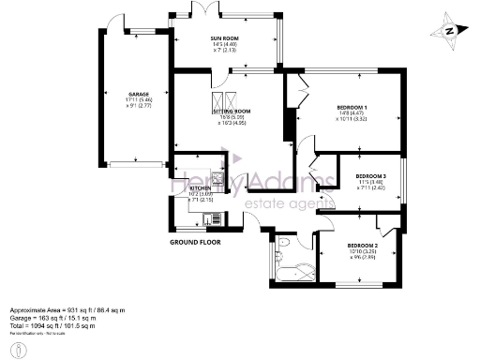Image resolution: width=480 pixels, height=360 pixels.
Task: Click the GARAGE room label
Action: [x=140, y=94]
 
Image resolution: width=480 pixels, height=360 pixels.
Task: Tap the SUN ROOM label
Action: [x=224, y=37]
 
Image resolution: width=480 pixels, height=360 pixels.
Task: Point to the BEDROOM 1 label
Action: [x=352, y=108]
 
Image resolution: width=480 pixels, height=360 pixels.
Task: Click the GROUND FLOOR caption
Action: [x=196, y=242]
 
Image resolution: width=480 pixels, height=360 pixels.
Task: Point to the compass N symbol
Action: [x=449, y=30]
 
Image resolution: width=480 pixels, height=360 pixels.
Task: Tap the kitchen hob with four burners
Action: [x=217, y=178]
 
